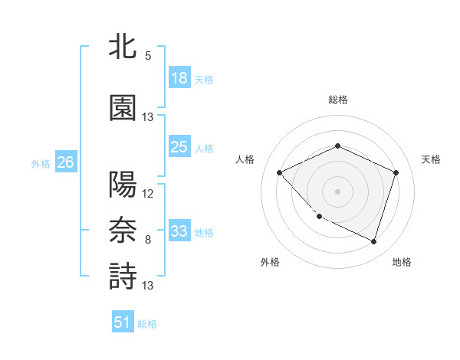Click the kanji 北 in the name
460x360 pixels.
[x=123, y=47]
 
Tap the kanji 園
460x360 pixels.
[x=123, y=107]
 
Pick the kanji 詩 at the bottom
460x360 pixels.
[x=123, y=276]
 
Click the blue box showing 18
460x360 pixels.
[x=179, y=78]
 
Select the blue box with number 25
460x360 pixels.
[x=179, y=147]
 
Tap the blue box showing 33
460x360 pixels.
[x=179, y=231]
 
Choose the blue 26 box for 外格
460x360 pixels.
[x=65, y=162]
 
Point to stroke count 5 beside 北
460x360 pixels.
[x=148, y=56]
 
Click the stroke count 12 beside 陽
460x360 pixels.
[x=148, y=193]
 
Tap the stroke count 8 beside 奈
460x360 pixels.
[x=148, y=240]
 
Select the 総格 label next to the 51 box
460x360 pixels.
[x=147, y=324]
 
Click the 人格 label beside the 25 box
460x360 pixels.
[x=204, y=149]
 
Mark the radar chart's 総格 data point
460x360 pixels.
[x=337, y=146]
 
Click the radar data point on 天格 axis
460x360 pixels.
[x=396, y=172]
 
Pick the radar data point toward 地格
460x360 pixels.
[x=373, y=241]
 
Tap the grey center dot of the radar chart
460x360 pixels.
[x=337, y=191]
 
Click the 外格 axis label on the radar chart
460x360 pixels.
[x=270, y=262]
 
